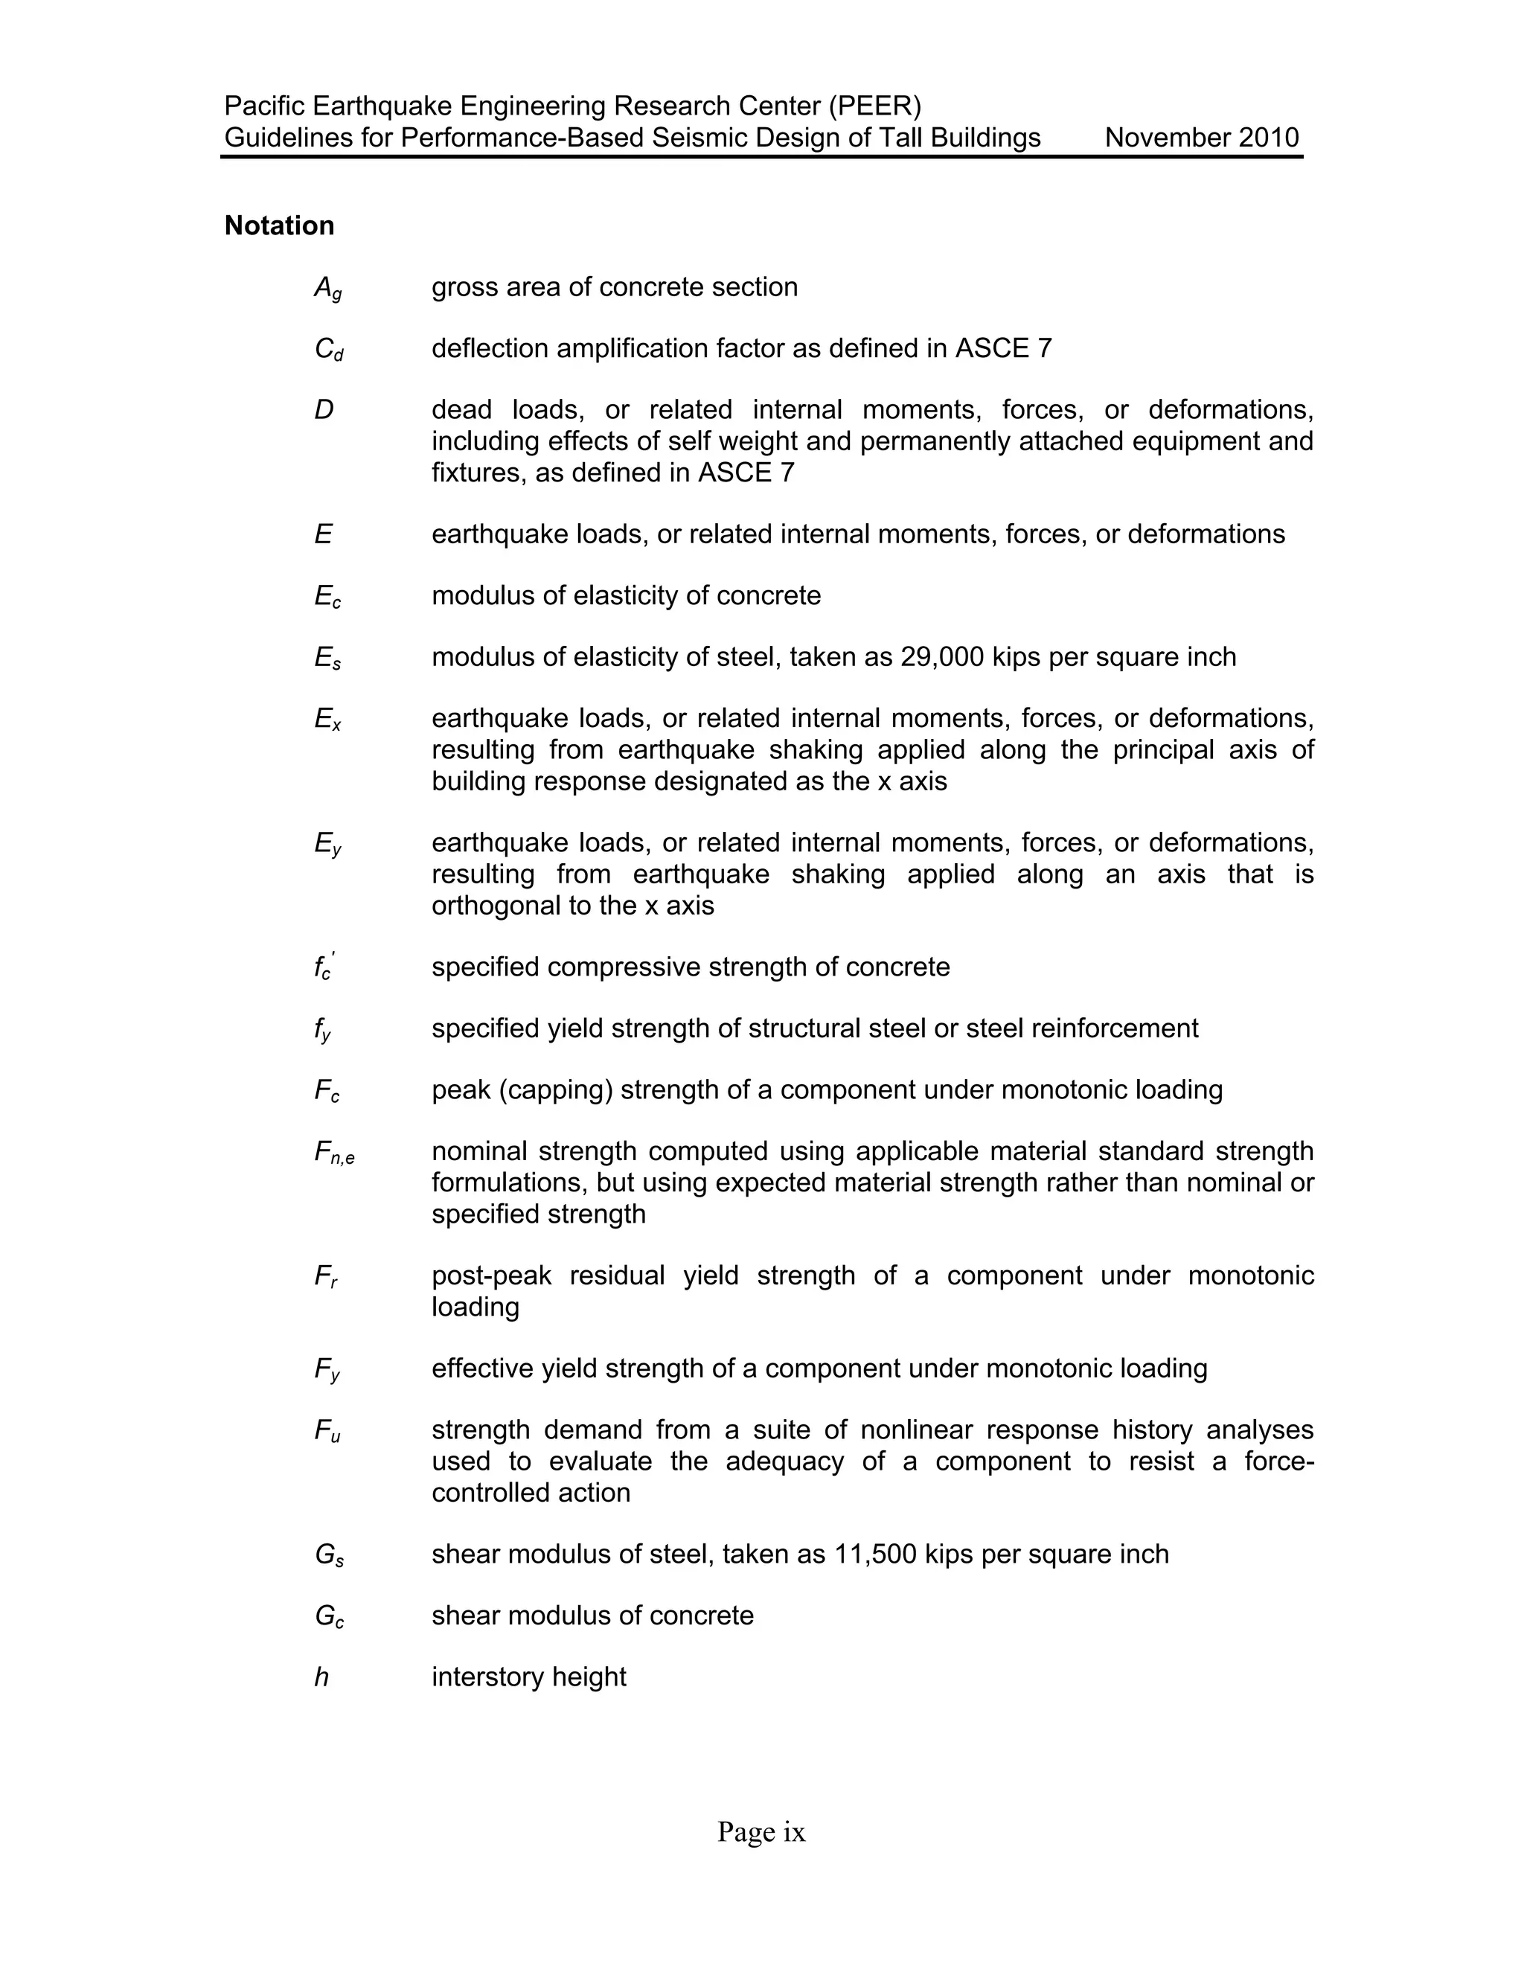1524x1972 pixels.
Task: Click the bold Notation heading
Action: tap(279, 225)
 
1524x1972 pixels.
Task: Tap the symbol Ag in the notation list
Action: tap(327, 288)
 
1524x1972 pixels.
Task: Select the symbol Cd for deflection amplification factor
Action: tap(327, 350)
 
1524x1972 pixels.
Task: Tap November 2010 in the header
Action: tap(1201, 138)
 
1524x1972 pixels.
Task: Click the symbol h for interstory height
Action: tap(321, 1677)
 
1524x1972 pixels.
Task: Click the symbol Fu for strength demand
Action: tap(327, 1431)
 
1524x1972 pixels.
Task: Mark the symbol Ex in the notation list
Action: tap(327, 720)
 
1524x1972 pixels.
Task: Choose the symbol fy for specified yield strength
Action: tap(322, 1030)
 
